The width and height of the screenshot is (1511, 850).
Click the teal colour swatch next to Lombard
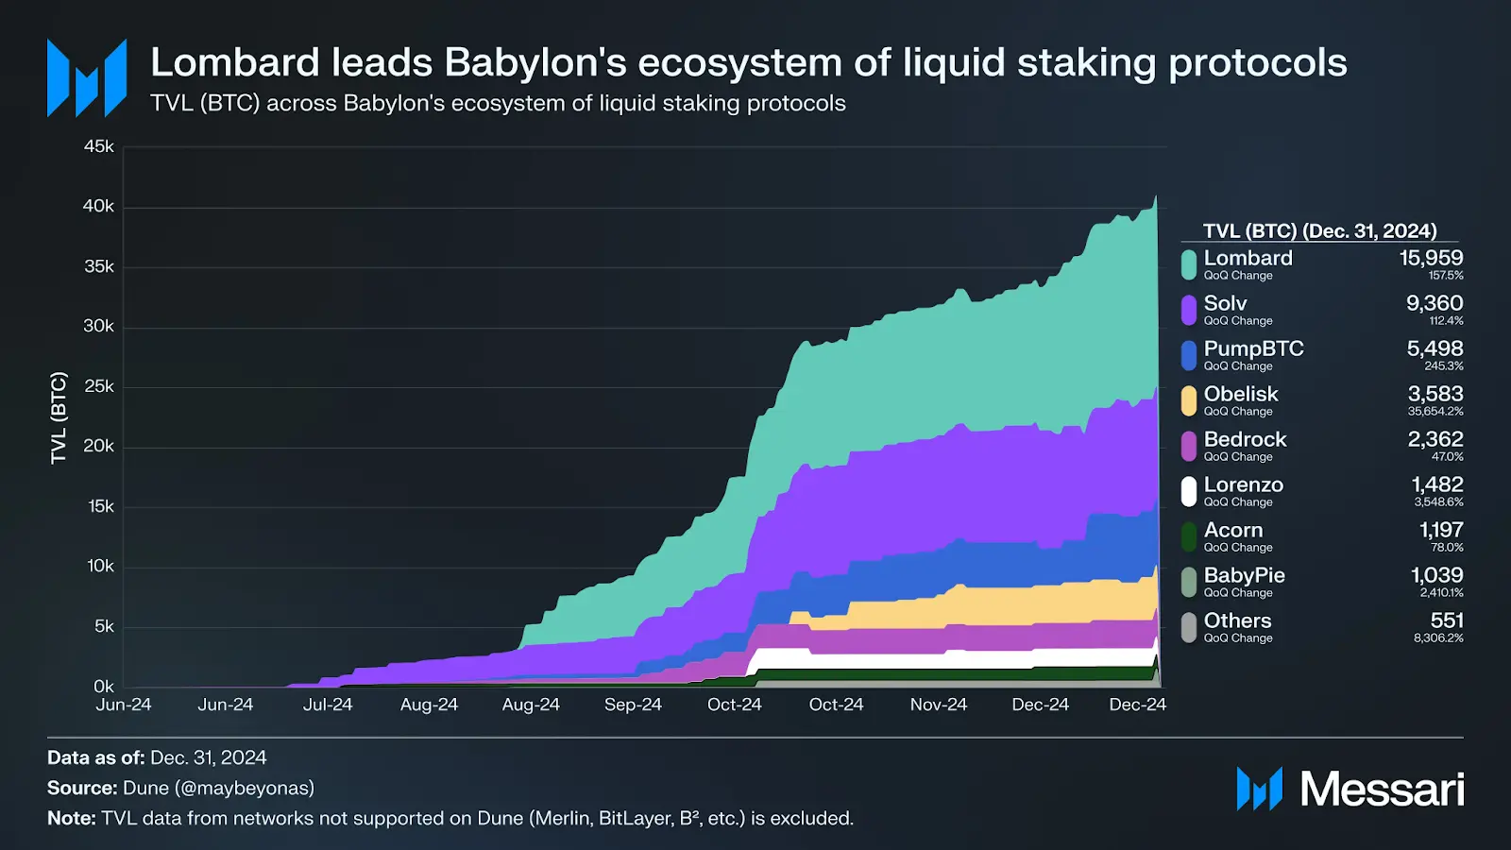click(1189, 264)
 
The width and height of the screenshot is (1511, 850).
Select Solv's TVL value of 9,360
click(1434, 303)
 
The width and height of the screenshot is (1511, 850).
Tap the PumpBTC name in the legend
click(1253, 348)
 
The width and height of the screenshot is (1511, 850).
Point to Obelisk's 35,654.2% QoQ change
click(1435, 412)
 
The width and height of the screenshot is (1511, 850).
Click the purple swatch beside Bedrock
click(1189, 446)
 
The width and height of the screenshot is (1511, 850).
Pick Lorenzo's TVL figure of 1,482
click(1436, 484)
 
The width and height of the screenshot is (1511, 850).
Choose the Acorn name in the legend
click(1232, 530)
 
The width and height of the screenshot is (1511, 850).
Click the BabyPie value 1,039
click(1436, 575)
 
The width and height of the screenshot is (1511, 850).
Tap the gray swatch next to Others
click(1189, 627)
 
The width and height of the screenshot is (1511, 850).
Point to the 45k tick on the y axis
click(98, 146)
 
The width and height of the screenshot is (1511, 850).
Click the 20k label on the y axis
click(98, 446)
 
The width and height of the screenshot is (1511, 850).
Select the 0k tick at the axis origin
click(103, 687)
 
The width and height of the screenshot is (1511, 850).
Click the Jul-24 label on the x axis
click(328, 705)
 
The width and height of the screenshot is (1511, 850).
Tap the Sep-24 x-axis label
click(633, 705)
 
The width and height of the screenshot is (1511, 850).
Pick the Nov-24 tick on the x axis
click(939, 705)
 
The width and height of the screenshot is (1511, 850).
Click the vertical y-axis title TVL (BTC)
click(59, 417)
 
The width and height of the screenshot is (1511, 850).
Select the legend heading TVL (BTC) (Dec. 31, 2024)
click(1319, 231)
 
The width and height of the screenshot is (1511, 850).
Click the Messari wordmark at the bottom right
click(1381, 789)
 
